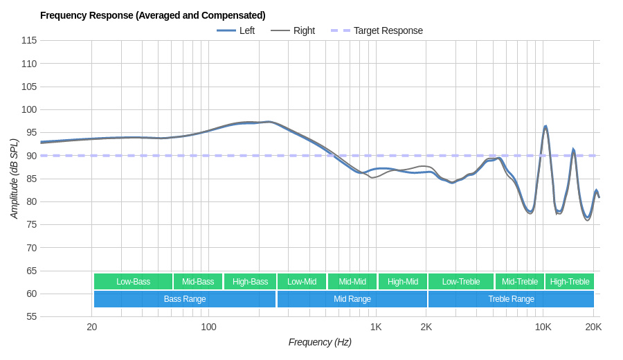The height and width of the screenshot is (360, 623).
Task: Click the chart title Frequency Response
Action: [152, 15]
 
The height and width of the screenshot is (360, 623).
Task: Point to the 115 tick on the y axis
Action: [29, 40]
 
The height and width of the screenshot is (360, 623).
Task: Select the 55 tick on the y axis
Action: [32, 316]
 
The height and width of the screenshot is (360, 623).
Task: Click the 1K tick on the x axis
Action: [376, 327]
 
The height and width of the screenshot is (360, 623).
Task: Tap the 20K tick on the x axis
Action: [593, 327]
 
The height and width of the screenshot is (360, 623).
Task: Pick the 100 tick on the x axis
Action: [208, 327]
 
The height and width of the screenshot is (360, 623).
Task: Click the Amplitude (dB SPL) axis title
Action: [14, 179]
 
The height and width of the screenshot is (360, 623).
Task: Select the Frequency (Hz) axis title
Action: [320, 342]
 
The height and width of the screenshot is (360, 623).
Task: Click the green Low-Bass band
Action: [133, 282]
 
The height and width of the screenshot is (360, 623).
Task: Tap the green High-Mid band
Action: [402, 282]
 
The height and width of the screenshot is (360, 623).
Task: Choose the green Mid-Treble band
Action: [519, 282]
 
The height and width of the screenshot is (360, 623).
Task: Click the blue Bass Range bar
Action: [184, 299]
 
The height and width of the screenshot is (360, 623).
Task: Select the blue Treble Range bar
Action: [511, 299]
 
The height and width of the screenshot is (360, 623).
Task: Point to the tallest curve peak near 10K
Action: [545, 127]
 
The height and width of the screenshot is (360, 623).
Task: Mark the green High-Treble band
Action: [569, 282]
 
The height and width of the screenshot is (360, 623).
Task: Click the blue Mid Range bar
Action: [352, 299]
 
